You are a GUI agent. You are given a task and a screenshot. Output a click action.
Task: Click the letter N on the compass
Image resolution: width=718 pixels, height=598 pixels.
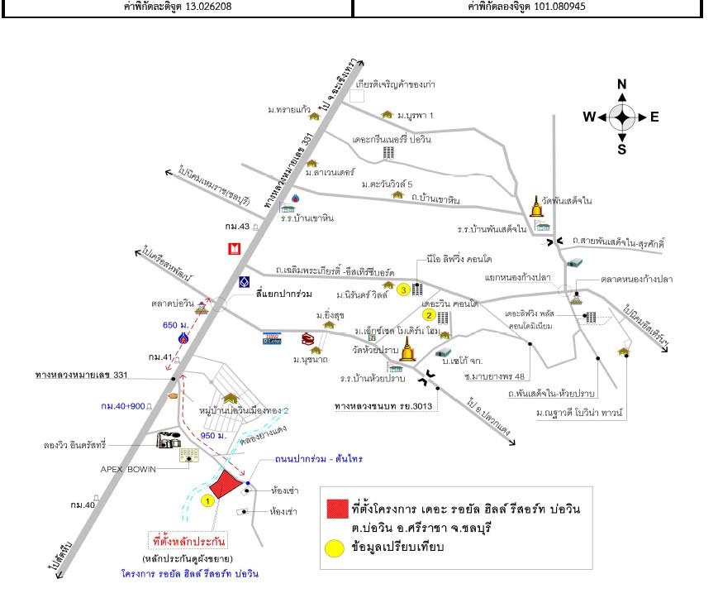[622, 84]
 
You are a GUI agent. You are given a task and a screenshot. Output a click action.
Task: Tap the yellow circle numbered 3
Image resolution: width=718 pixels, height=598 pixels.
[403, 289]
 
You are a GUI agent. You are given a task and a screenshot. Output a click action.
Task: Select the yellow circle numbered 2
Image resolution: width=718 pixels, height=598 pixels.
[429, 314]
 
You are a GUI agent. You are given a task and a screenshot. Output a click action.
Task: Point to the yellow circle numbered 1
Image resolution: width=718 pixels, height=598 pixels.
[208, 500]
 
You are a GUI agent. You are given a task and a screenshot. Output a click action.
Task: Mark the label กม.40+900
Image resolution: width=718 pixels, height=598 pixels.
[123, 406]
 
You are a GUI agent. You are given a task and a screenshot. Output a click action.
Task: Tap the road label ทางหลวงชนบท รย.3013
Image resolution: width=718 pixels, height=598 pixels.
[386, 406]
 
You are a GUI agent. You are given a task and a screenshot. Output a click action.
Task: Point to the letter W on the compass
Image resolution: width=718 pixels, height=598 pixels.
[589, 117]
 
